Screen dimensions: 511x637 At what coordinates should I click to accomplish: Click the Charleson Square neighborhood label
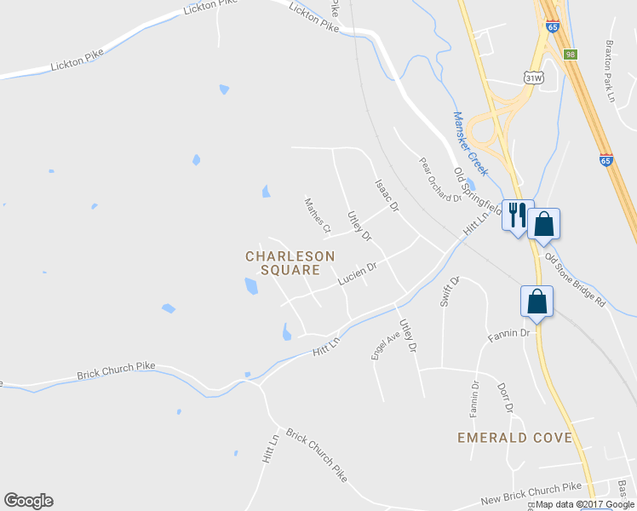[290, 262]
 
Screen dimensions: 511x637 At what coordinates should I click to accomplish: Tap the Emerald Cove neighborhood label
[514, 437]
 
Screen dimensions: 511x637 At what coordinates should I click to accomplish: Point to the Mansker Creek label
[470, 143]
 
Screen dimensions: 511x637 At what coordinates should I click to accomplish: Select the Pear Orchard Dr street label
[439, 179]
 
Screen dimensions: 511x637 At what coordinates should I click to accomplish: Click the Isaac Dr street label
[387, 195]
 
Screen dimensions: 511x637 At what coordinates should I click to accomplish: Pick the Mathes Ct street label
[318, 215]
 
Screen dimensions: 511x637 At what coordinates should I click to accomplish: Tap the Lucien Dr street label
[357, 273]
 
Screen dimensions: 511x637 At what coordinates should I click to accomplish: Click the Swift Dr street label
[450, 290]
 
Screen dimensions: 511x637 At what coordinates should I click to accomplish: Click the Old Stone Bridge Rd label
[575, 279]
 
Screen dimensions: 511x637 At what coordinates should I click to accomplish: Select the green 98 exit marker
[570, 55]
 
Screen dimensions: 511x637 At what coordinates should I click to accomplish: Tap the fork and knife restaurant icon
[517, 215]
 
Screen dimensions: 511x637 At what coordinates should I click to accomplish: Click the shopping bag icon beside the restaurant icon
[543, 224]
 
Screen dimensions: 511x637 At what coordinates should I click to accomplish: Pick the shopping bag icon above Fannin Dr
[537, 301]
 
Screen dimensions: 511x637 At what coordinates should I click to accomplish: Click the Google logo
[28, 501]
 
